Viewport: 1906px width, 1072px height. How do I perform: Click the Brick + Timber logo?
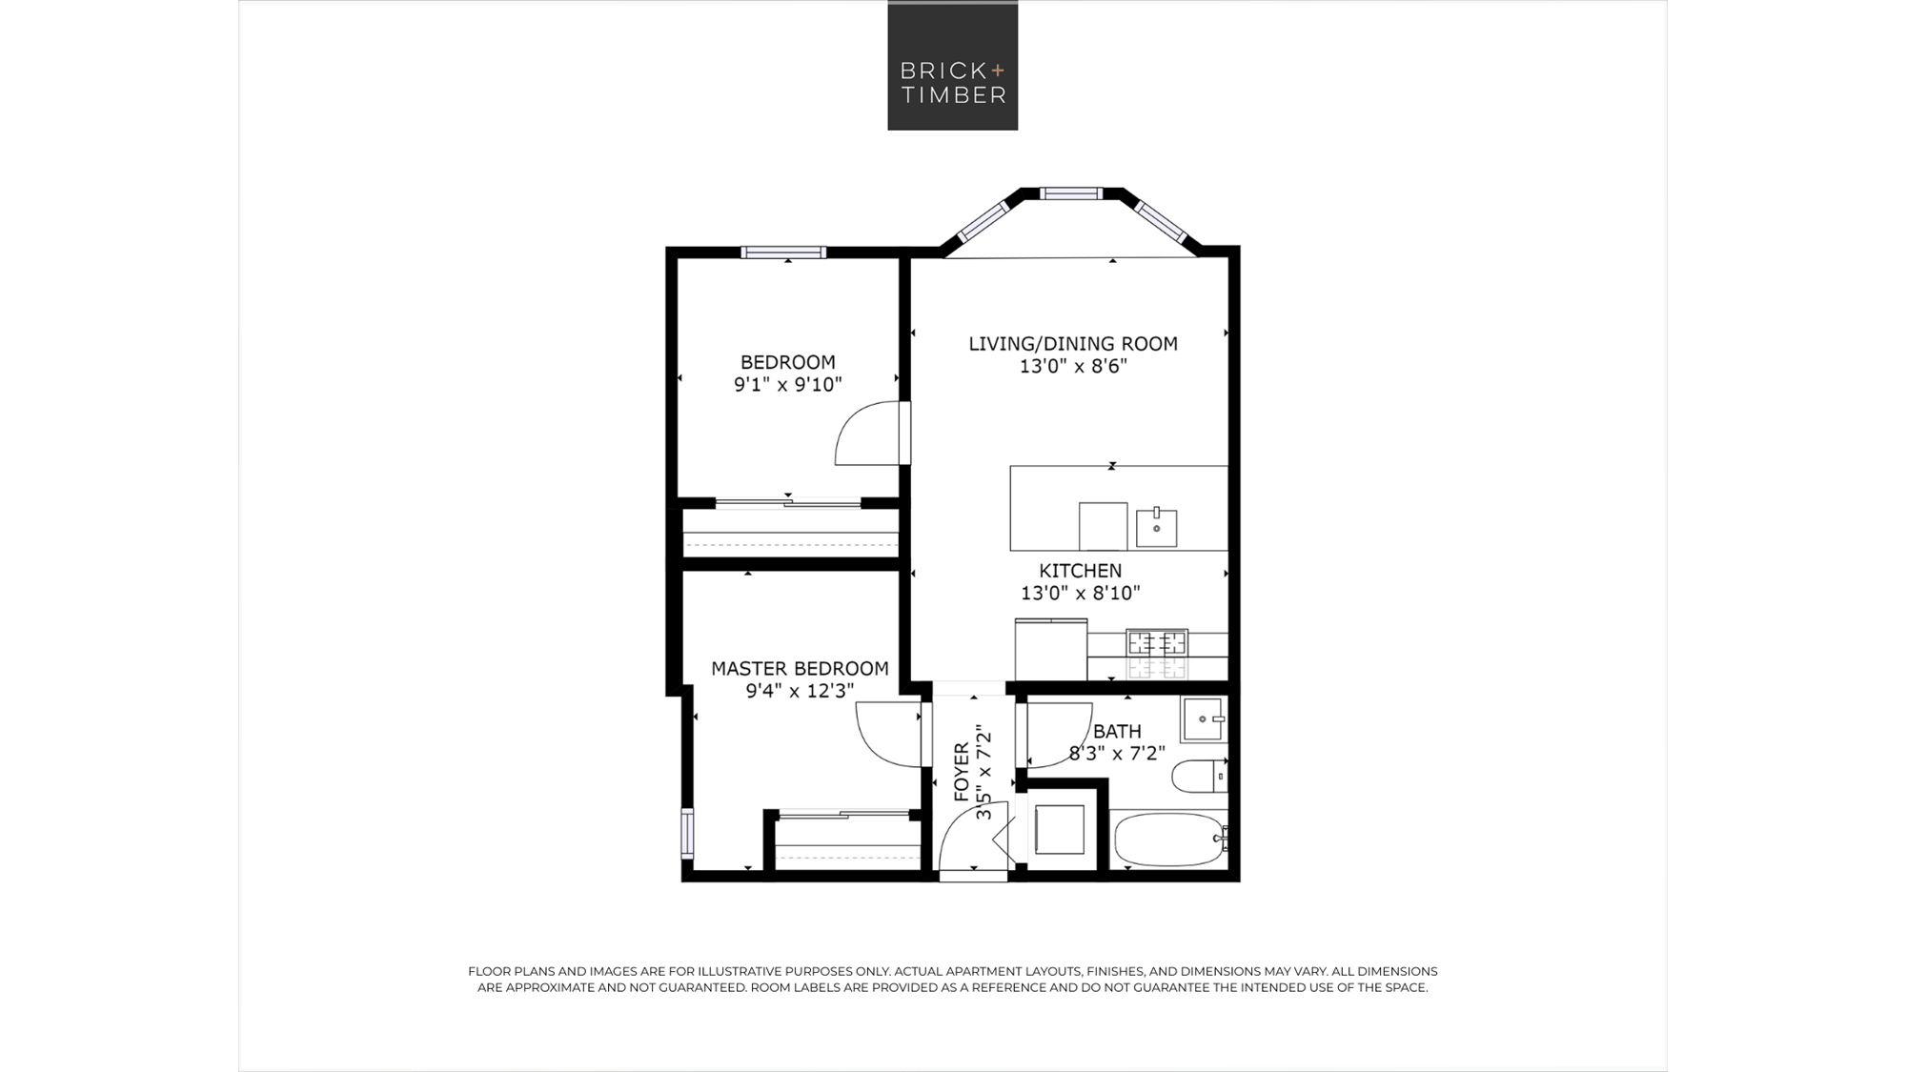(x=952, y=65)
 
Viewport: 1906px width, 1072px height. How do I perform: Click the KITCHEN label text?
(x=1080, y=571)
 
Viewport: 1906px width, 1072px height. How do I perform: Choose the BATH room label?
(x=1117, y=732)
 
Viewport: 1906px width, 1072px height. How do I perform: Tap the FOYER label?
(x=962, y=772)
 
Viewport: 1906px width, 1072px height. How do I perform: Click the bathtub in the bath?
(x=1170, y=839)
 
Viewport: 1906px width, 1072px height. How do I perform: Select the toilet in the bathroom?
(x=1199, y=777)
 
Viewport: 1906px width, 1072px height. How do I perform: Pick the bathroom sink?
(x=1204, y=718)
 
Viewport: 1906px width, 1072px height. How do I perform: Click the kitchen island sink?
(x=1156, y=527)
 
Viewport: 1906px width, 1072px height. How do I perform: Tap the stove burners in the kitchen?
(x=1157, y=643)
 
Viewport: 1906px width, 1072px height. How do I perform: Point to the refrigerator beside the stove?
(x=1051, y=650)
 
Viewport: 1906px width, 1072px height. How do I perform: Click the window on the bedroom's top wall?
(x=783, y=253)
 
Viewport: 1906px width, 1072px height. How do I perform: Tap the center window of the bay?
(x=1071, y=193)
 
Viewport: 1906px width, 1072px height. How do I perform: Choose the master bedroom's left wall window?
(x=687, y=833)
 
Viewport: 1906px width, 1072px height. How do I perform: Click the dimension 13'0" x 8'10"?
(x=1081, y=594)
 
